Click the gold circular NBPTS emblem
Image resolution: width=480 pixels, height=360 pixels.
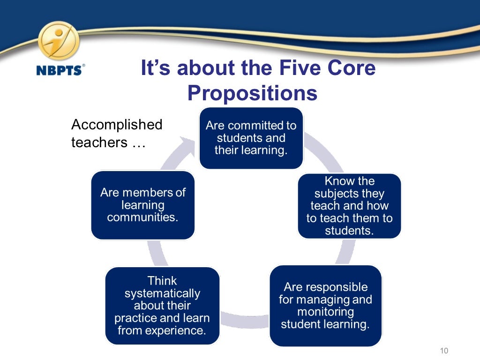(x=59, y=41)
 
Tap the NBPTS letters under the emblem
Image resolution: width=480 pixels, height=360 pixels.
(x=59, y=70)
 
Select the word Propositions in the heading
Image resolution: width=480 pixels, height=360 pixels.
(x=252, y=93)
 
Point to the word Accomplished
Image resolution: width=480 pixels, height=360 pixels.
(x=117, y=125)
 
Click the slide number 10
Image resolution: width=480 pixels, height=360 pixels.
(x=444, y=351)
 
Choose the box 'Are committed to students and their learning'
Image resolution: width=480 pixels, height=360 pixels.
(x=251, y=138)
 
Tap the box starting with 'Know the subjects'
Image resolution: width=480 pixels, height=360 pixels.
(x=349, y=206)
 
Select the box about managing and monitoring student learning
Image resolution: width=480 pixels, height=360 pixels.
(x=325, y=306)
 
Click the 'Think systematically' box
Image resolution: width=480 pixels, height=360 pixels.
(x=162, y=306)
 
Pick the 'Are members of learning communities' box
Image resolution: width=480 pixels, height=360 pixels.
(x=142, y=205)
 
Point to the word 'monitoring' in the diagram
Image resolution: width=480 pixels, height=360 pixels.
(x=325, y=312)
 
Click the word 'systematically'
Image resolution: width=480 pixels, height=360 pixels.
(x=162, y=293)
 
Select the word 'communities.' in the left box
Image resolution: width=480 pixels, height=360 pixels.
(x=142, y=217)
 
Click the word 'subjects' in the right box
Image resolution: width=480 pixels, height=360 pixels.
(x=336, y=194)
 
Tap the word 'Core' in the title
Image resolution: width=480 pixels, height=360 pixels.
(x=354, y=68)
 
